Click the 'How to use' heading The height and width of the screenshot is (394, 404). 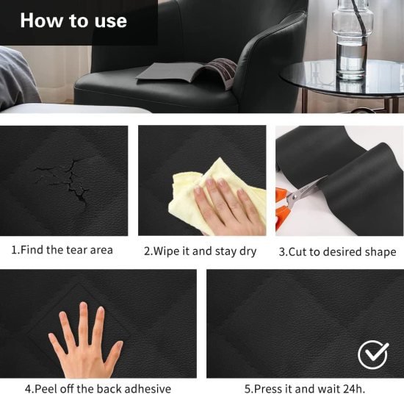pyautogui.click(x=73, y=20)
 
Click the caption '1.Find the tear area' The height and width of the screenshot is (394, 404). pyautogui.click(x=62, y=250)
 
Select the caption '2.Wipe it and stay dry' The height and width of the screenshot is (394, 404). pyautogui.click(x=200, y=251)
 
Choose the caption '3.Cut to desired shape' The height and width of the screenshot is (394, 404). pyautogui.click(x=337, y=251)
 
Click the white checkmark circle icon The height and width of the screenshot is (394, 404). pyautogui.click(x=372, y=355)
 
